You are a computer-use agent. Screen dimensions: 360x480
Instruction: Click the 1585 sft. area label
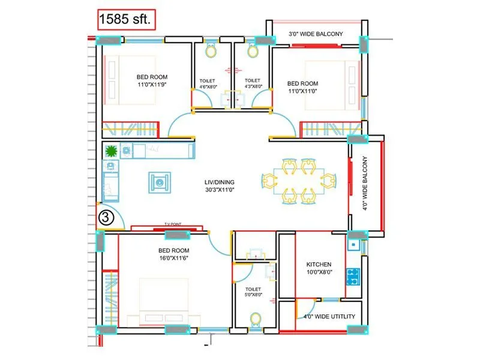(x=128, y=20)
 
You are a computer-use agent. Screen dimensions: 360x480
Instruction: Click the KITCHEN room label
(x=319, y=265)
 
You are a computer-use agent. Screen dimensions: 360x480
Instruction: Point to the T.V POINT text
(x=173, y=224)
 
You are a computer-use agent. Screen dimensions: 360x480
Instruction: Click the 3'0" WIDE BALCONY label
(x=315, y=34)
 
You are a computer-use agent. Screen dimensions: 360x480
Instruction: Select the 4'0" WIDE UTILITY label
(x=329, y=316)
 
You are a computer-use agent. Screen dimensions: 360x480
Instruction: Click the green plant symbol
(x=110, y=151)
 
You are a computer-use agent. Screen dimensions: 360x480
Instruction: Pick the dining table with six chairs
(x=296, y=179)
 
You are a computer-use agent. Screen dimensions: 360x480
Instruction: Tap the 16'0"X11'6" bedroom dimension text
(x=174, y=258)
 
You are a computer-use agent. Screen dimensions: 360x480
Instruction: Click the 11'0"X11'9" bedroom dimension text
(x=152, y=85)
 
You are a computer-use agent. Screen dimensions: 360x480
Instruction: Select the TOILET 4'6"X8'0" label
(x=208, y=84)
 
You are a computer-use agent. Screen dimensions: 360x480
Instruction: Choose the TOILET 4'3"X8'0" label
(x=253, y=84)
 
